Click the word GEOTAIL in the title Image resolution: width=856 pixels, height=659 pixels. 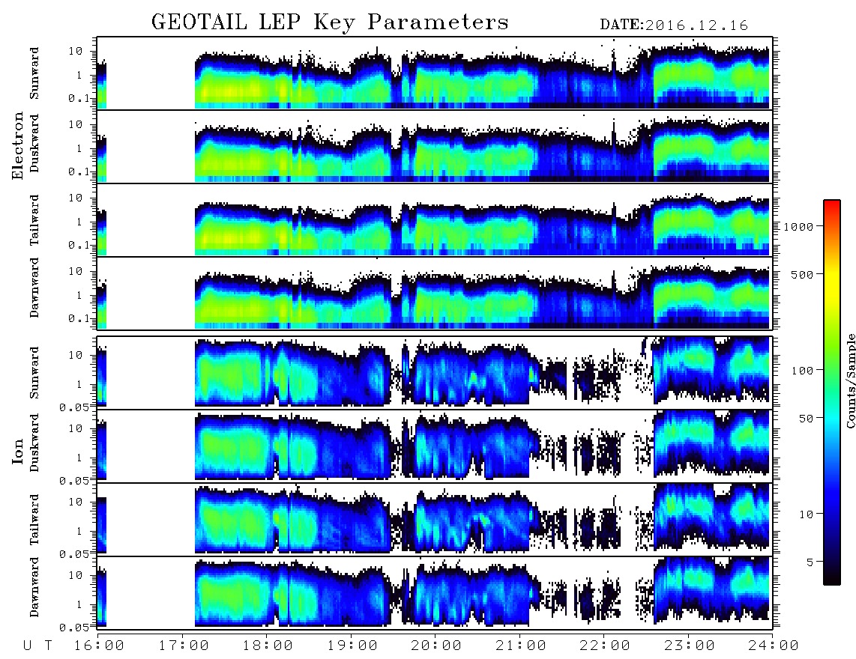(x=199, y=22)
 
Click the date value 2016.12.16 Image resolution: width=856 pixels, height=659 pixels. (x=697, y=25)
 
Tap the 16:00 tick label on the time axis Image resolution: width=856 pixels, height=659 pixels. (x=100, y=646)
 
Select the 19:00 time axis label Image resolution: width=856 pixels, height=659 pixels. (x=352, y=646)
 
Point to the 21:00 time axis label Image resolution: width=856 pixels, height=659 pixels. (x=521, y=646)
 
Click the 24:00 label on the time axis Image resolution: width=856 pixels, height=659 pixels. (x=774, y=646)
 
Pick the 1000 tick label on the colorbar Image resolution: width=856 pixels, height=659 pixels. (x=798, y=227)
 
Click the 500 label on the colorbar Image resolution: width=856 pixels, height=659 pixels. (x=802, y=274)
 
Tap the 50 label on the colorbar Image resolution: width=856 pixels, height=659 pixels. (x=805, y=419)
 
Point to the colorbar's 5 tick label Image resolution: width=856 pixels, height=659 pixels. (x=810, y=562)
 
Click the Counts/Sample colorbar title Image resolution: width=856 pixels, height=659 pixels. (x=851, y=381)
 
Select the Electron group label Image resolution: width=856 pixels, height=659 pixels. (x=18, y=146)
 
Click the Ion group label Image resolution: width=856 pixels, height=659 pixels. (x=18, y=452)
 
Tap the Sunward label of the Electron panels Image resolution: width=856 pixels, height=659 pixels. (x=34, y=73)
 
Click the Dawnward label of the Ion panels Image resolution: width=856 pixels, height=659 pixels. (x=34, y=587)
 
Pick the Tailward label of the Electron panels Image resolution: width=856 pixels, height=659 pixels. (x=34, y=220)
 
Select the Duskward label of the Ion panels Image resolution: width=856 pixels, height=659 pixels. (x=34, y=443)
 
